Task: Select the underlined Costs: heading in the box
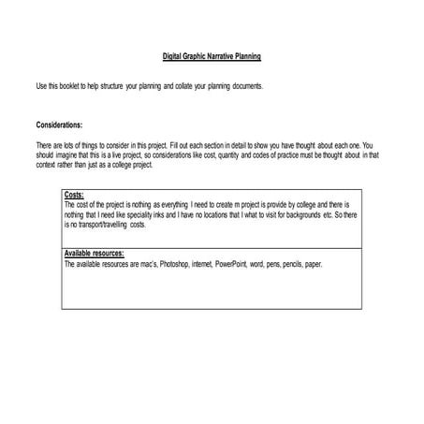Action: [x=74, y=195]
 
